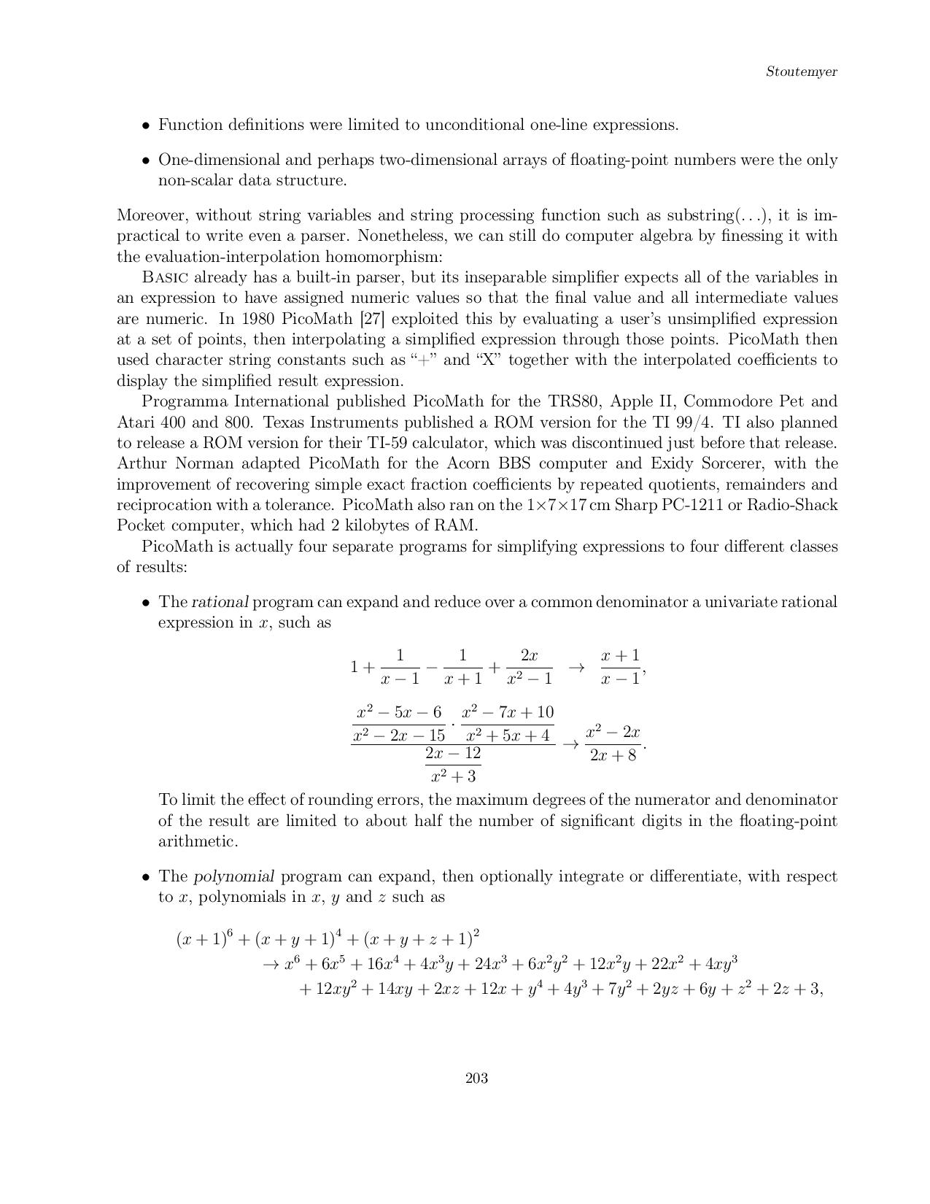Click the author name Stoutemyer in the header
click(801, 72)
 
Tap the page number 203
click(476, 1078)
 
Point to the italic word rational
click(220, 602)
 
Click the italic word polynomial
click(233, 876)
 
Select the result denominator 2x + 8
click(613, 755)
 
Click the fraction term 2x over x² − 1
click(529, 667)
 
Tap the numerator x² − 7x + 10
click(508, 712)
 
